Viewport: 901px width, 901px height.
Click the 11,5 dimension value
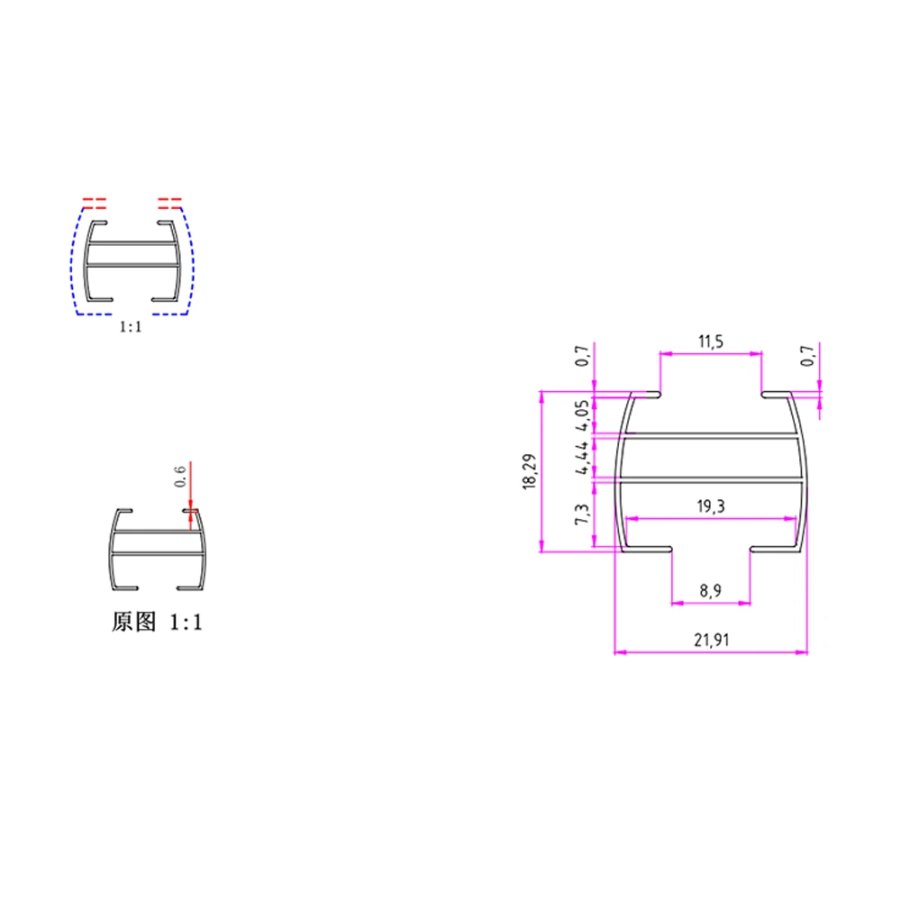(x=711, y=342)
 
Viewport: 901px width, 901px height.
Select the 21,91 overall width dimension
(x=711, y=641)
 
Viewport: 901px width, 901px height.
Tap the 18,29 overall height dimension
(x=529, y=472)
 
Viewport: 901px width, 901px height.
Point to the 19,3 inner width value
(x=711, y=507)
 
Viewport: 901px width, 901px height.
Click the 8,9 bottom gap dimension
(x=711, y=591)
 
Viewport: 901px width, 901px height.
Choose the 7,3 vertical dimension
(x=582, y=517)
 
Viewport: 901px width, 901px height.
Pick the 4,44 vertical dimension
(x=582, y=457)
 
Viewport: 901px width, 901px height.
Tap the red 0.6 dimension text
(x=179, y=475)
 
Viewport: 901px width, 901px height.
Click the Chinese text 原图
(x=135, y=622)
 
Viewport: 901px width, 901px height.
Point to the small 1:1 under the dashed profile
(x=131, y=328)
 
